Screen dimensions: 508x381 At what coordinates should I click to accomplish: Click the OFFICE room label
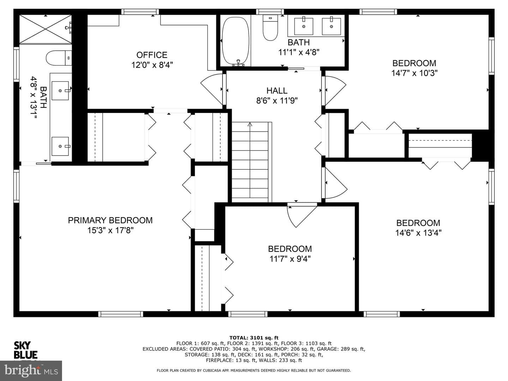coord(152,55)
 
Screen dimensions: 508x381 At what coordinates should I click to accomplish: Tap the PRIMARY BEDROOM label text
coord(110,220)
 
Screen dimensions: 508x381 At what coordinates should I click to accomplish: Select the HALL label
coord(277,90)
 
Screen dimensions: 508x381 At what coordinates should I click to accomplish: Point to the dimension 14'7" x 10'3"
coord(414,73)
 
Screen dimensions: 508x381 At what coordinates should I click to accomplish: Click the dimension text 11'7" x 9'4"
coord(290,259)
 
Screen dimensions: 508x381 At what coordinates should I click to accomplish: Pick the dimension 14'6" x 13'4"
coord(418,233)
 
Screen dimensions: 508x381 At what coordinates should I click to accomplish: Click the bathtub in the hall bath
coord(235,41)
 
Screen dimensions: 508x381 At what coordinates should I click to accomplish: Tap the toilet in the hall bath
coord(270,28)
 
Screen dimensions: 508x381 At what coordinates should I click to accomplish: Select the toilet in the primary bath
coord(59,58)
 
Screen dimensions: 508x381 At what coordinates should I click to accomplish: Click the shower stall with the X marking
coord(46,29)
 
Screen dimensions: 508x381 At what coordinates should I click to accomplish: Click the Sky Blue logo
coord(26,350)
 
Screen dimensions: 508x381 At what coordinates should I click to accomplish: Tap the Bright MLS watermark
coord(31,370)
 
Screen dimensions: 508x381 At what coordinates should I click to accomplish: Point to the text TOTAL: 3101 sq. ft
coord(254,338)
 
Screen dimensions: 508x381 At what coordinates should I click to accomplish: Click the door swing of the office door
coord(211,89)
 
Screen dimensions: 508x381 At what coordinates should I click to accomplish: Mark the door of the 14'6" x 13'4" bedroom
coord(336,183)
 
